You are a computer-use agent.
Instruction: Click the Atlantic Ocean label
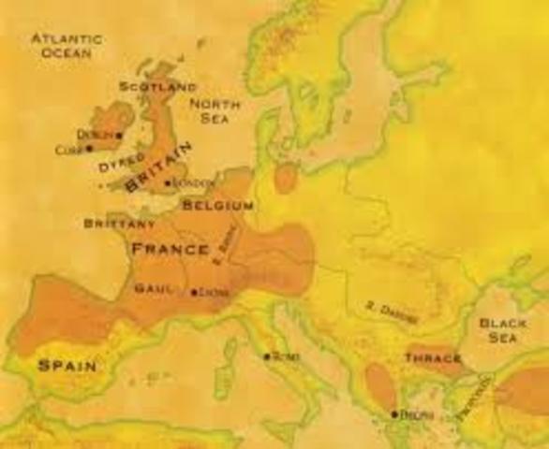66,46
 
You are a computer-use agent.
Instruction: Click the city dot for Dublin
120,136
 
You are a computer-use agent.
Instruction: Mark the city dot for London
169,183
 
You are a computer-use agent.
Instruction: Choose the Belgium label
217,205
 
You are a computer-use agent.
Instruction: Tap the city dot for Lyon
194,293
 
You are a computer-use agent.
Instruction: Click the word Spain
67,366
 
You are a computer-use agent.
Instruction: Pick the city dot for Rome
267,356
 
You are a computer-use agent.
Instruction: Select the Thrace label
433,358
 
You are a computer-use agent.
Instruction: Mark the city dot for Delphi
394,413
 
